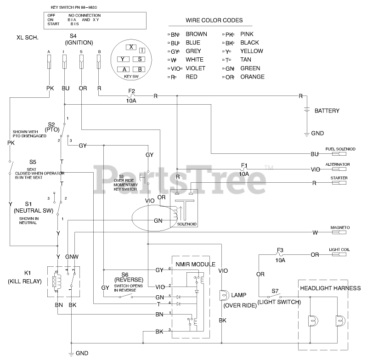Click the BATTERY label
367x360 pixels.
pos(327,111)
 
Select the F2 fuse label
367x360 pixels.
pos(131,91)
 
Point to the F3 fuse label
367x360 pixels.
pos(280,250)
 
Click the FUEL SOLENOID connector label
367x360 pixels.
pos(340,149)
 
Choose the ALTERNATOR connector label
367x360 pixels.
pos(338,164)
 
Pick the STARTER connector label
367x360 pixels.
pos(339,178)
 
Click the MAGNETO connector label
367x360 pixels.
pos(340,227)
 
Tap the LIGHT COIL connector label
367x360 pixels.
pos(339,250)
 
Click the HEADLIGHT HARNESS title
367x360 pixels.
pos(330,288)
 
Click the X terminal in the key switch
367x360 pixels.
pos(131,47)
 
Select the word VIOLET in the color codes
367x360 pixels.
pos(195,68)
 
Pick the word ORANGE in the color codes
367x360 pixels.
pos(252,77)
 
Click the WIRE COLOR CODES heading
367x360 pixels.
pos(214,21)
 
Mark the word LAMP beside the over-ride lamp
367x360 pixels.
pos(239,295)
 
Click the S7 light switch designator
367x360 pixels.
pos(275,291)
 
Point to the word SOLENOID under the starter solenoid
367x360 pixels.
pos(186,224)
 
